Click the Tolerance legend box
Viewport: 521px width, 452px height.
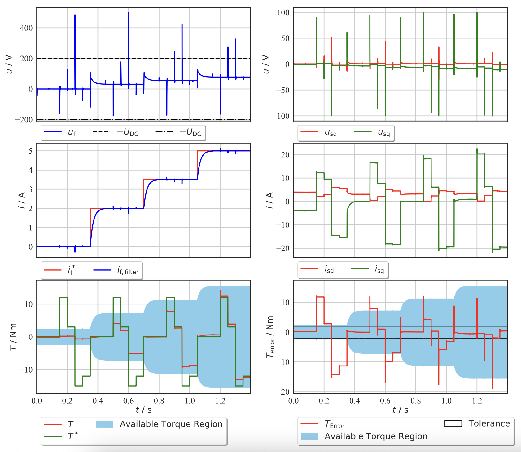coord(453,424)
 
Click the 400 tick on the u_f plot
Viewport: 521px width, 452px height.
coord(26,28)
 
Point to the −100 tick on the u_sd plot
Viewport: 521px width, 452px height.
coord(281,116)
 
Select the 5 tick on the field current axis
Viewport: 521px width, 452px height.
coord(31,151)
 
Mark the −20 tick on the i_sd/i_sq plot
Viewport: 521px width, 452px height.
coord(283,248)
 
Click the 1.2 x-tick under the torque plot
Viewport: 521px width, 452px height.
coord(220,401)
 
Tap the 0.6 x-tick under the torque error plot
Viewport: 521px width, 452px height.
coord(385,401)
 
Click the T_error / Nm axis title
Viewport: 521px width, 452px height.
coord(270,337)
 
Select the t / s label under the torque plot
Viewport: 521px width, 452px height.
coord(144,410)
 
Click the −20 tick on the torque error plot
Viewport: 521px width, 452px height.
coord(283,392)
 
